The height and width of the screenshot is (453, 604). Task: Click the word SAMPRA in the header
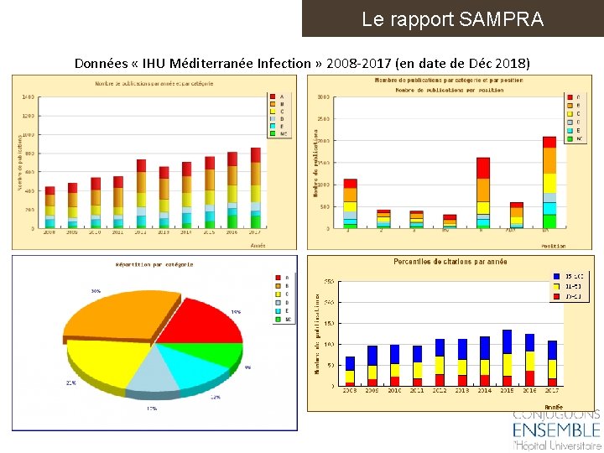pos(501,18)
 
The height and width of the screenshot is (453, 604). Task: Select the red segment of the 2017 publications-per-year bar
pos(256,154)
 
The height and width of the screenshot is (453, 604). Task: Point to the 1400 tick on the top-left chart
pos(28,97)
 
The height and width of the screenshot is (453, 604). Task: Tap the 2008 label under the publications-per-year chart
pos(49,232)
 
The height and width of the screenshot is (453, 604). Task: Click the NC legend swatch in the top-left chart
pos(272,133)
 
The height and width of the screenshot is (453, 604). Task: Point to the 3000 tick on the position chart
pos(324,97)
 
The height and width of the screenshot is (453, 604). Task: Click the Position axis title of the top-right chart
pos(553,246)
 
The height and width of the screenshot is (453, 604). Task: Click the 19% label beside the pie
pos(236,311)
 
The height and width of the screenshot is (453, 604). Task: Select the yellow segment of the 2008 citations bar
pos(350,377)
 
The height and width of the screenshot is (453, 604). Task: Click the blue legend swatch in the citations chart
pos(555,276)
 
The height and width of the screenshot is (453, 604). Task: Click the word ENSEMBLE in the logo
pos(556,430)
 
